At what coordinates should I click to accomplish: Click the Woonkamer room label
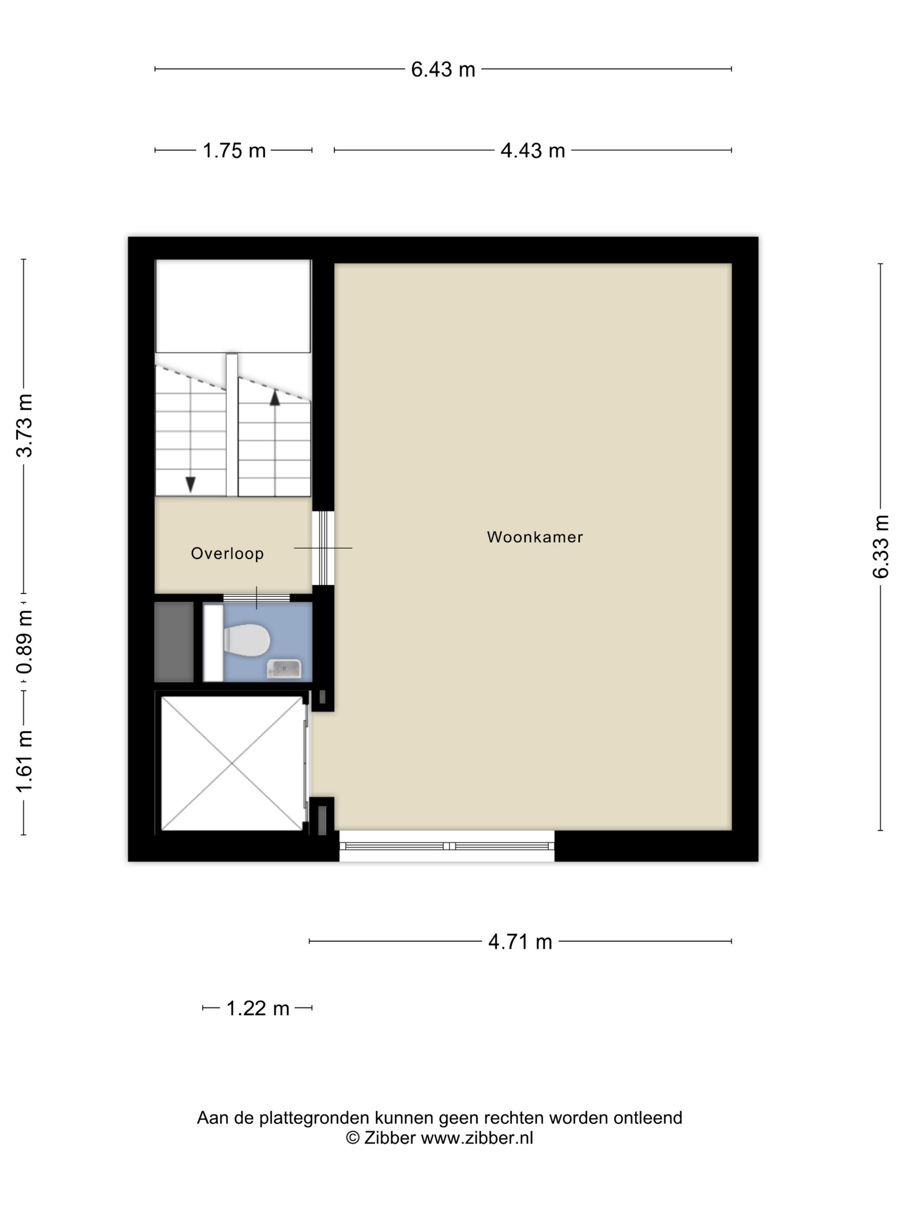(535, 537)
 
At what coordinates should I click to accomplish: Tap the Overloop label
(227, 553)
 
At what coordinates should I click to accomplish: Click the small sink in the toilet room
(284, 668)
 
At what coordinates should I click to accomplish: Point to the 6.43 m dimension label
(443, 70)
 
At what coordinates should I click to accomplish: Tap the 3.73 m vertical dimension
(25, 425)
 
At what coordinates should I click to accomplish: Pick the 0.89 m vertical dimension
(25, 642)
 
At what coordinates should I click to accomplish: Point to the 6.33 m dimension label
(881, 547)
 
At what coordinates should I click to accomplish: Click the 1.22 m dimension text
(258, 1009)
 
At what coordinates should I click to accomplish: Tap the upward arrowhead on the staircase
(275, 398)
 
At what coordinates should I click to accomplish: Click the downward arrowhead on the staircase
(190, 484)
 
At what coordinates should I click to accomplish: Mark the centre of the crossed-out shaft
(232, 764)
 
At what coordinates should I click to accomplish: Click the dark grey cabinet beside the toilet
(174, 642)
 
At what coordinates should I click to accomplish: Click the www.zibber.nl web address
(477, 1138)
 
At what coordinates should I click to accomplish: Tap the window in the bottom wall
(447, 846)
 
